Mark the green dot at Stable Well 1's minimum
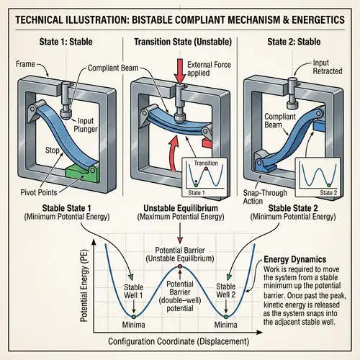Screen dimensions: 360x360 tap(133, 315)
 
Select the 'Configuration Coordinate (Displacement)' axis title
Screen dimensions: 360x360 tap(180, 339)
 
